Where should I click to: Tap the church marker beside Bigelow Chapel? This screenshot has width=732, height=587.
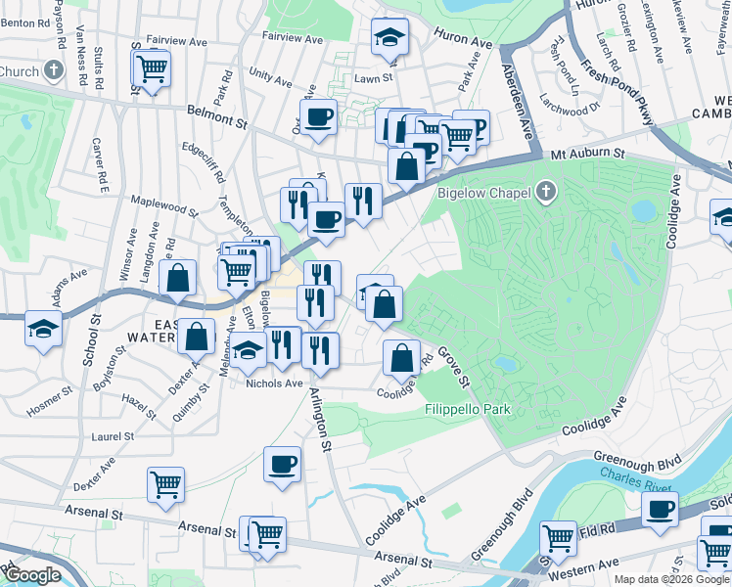[547, 192]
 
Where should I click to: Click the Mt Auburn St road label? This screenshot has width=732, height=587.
[587, 154]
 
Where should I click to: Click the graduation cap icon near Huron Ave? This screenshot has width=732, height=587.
[389, 38]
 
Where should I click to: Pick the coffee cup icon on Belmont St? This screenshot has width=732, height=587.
[318, 118]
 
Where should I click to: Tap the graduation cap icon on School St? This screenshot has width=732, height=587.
[44, 330]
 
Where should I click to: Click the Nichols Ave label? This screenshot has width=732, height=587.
[274, 384]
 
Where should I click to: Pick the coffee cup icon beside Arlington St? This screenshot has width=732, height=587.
[282, 464]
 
